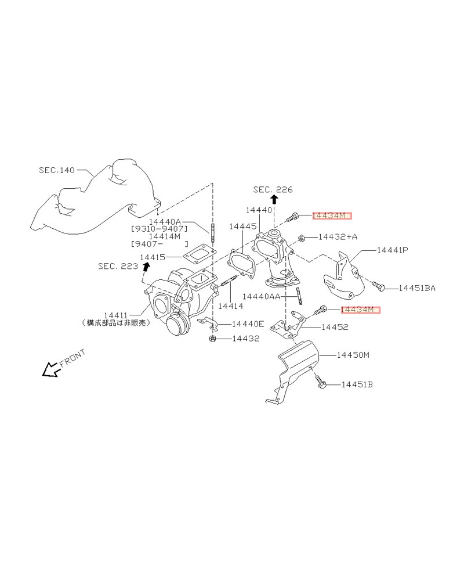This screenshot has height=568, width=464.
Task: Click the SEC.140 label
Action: coord(57,170)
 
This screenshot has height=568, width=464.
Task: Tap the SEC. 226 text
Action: coord(273,189)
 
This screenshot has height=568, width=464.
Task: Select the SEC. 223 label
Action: coord(118,266)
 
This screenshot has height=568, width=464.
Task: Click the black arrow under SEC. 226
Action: coord(274,199)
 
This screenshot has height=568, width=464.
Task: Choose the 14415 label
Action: coord(152,257)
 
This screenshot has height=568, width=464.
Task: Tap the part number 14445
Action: coord(242,227)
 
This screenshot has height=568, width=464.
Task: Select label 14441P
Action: coord(393,250)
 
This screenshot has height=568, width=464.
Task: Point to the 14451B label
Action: coord(357,384)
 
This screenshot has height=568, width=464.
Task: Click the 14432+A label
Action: coord(338,237)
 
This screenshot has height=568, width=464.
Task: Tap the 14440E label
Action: coord(248,323)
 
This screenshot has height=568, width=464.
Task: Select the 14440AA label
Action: coord(261,296)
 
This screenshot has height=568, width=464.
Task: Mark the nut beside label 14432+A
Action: coord(302,238)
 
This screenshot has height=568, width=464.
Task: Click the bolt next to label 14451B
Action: coord(321,382)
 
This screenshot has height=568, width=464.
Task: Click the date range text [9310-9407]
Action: coord(159,229)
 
